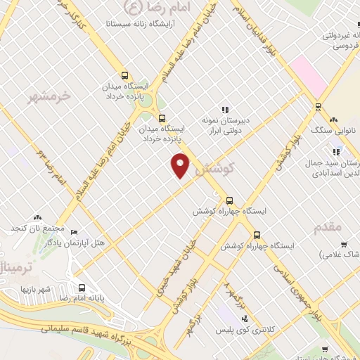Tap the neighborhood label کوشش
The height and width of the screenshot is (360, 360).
click(214, 170)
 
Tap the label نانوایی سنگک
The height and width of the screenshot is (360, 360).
click(334, 131)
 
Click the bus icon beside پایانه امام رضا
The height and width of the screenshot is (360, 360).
click(83, 288)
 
